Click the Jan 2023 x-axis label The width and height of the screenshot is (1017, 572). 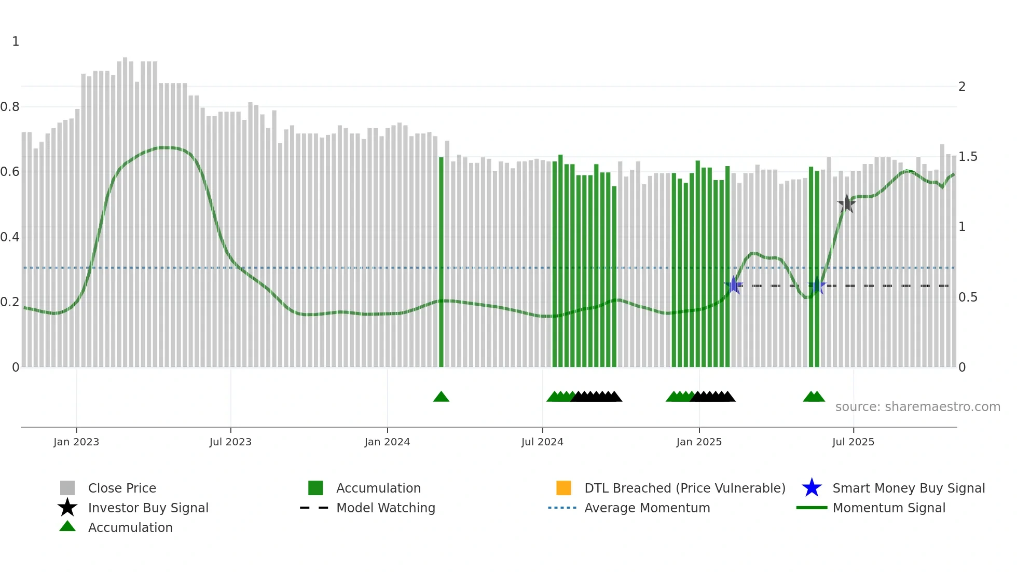(x=76, y=442)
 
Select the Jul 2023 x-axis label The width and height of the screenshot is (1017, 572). (x=230, y=442)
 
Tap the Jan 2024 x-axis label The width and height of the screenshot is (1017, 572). (x=387, y=442)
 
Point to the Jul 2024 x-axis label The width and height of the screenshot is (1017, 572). (x=542, y=442)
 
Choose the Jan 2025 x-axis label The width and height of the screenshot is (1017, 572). (x=699, y=442)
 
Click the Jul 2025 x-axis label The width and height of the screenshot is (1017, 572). (x=853, y=442)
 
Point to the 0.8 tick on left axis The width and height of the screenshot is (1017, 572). (x=10, y=107)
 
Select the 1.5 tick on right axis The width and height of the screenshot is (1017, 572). (x=968, y=157)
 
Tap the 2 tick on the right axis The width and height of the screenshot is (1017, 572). (x=962, y=87)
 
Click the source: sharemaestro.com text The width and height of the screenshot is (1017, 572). (x=917, y=407)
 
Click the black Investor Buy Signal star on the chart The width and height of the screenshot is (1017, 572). (x=846, y=204)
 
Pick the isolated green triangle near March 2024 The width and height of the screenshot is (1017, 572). (x=441, y=397)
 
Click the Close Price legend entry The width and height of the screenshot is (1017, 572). (x=122, y=488)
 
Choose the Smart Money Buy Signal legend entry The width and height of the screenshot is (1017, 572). (x=908, y=488)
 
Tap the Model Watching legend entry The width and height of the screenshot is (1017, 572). (x=386, y=508)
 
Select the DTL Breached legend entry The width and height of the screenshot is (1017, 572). (x=684, y=488)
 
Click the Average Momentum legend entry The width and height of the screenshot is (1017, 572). (x=647, y=508)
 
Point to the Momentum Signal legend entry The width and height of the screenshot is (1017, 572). (x=888, y=508)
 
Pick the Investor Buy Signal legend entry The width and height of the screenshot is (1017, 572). (x=148, y=508)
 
